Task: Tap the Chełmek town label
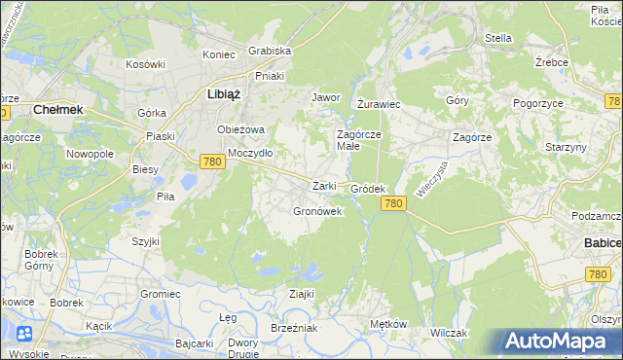tap(58, 110)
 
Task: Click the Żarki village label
tap(324, 186)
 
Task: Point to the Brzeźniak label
tap(295, 329)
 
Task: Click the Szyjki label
tap(146, 240)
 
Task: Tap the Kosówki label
tap(146, 64)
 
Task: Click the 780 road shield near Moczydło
tap(213, 162)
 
